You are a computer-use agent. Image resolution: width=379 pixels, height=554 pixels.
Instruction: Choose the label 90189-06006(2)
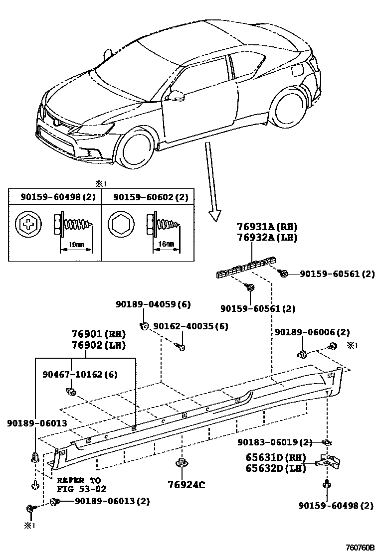pos(312,332)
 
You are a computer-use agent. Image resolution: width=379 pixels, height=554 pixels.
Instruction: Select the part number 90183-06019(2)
pos(275,442)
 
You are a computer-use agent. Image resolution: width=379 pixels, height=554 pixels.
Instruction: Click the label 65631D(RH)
pos(275,457)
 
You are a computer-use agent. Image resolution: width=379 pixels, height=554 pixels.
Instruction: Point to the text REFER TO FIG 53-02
pos(81,485)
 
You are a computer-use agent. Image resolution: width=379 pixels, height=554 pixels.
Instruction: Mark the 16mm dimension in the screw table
pos(169,244)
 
